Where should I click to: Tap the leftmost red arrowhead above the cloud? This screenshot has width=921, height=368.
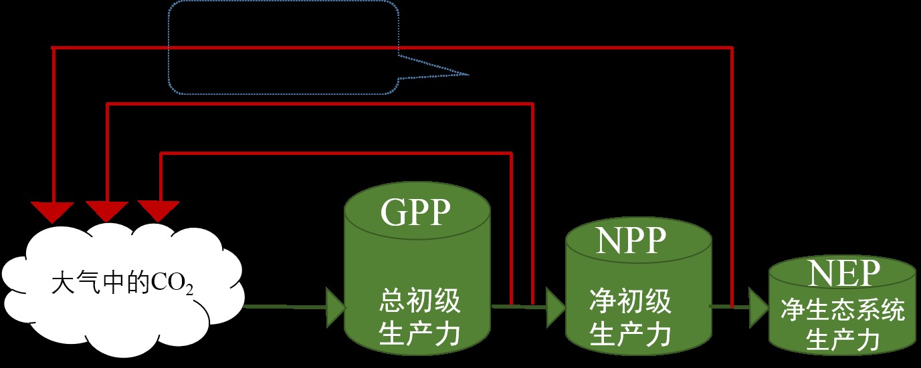pos(54,211)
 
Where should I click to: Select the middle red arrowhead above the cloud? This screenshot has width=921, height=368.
pos(107,211)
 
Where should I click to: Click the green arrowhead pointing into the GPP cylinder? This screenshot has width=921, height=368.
pos(335,308)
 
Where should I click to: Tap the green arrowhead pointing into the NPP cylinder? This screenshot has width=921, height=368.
pos(555,308)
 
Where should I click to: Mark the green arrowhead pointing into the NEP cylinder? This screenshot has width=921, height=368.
pos(758,308)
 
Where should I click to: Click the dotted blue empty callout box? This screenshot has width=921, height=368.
pos(283,47)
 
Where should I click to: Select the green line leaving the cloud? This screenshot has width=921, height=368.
pos(284,307)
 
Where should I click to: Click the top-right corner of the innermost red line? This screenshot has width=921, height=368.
pos(512,154)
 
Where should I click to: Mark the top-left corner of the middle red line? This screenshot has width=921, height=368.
pos(108,104)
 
